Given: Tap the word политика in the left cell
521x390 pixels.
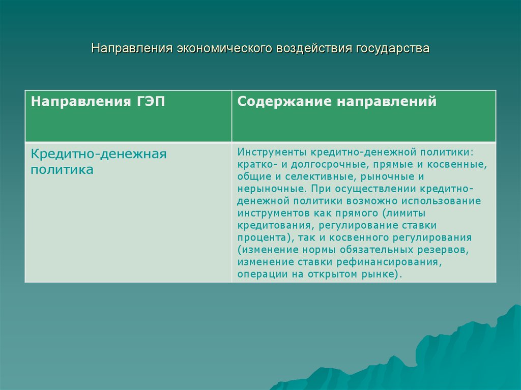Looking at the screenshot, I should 62,170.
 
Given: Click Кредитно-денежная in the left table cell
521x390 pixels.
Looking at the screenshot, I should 99,154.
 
